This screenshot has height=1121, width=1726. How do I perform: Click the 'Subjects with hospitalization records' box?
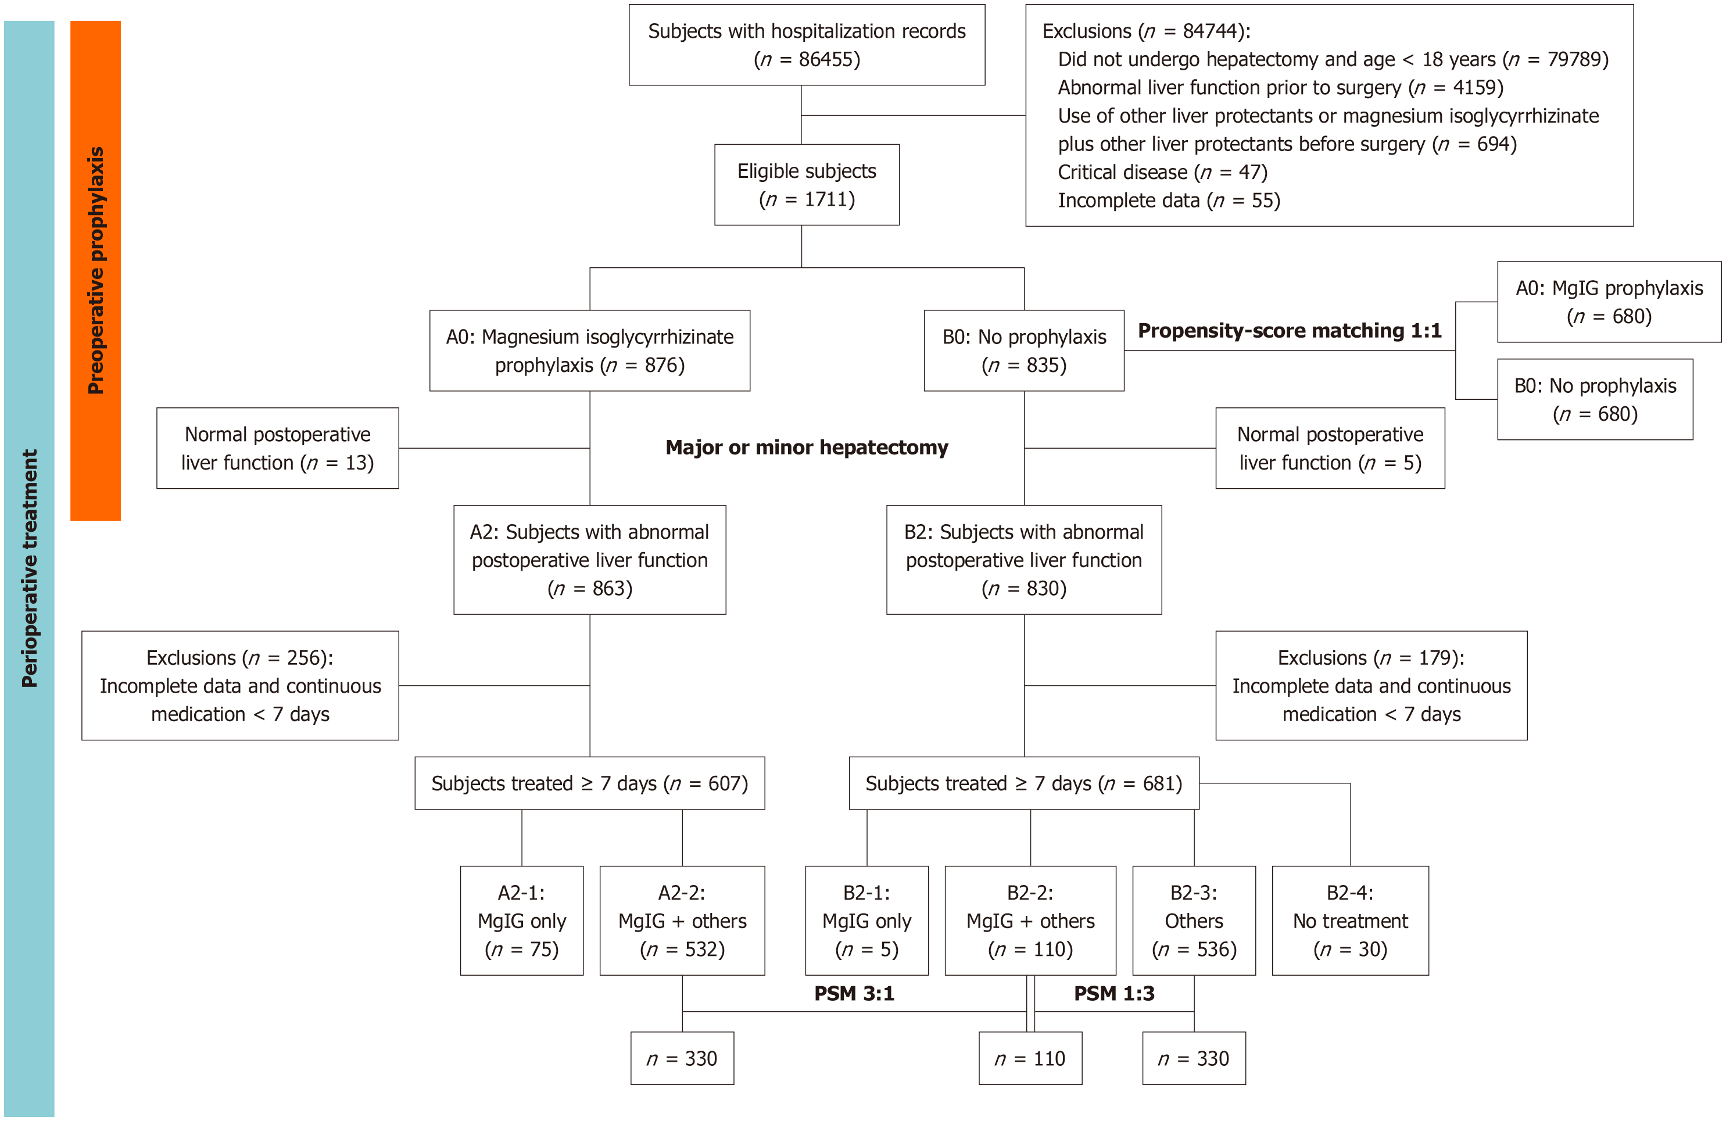click(x=807, y=45)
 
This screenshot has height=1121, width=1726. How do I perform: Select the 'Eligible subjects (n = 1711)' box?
click(x=807, y=185)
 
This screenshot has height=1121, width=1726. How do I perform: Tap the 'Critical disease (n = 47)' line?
click(x=1162, y=173)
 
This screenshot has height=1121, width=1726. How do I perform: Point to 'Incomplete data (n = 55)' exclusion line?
click(x=1169, y=201)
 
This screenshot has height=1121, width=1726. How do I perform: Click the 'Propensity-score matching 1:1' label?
click(x=1290, y=331)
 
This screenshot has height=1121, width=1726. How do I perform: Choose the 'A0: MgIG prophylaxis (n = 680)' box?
click(x=1609, y=302)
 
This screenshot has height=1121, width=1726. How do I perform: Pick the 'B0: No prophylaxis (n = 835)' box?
click(x=1024, y=351)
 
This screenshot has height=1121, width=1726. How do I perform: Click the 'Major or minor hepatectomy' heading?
click(x=807, y=447)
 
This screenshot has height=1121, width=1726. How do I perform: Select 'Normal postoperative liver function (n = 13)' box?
click(x=278, y=448)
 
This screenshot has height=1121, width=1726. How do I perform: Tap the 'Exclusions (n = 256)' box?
click(x=240, y=685)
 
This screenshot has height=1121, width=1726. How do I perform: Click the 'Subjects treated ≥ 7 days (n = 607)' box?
click(x=590, y=783)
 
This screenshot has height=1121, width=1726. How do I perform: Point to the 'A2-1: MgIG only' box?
click(x=521, y=920)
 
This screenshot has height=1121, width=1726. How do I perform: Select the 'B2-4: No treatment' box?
click(x=1351, y=920)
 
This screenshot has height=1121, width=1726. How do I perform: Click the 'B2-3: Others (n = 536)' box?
click(x=1194, y=920)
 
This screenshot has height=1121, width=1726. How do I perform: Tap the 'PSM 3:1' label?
click(x=854, y=993)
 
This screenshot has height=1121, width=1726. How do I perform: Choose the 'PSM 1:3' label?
click(x=1114, y=993)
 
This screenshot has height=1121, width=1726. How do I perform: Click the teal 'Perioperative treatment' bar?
click(x=29, y=568)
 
